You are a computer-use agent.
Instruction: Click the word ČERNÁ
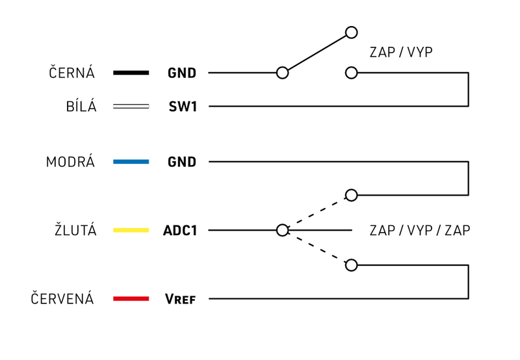[72, 73]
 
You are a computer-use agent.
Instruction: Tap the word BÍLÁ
[81, 107]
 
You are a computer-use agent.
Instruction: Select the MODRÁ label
[70, 162]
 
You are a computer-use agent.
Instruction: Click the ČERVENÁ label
[62, 299]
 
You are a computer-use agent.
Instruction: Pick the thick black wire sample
[131, 73]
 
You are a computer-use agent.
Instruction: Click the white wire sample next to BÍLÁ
[131, 107]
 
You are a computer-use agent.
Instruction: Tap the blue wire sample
[131, 162]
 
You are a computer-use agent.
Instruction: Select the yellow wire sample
[131, 230]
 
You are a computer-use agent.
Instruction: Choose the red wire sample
[131, 299]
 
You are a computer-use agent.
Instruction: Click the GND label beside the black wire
[181, 73]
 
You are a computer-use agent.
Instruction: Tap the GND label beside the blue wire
[181, 162]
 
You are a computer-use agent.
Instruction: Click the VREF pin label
[180, 299]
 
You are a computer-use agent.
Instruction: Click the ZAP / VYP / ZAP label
[419, 230]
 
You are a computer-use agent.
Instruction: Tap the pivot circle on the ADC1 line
[282, 230]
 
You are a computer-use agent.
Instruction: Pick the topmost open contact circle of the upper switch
[352, 32]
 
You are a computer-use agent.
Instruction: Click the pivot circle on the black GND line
[282, 73]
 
